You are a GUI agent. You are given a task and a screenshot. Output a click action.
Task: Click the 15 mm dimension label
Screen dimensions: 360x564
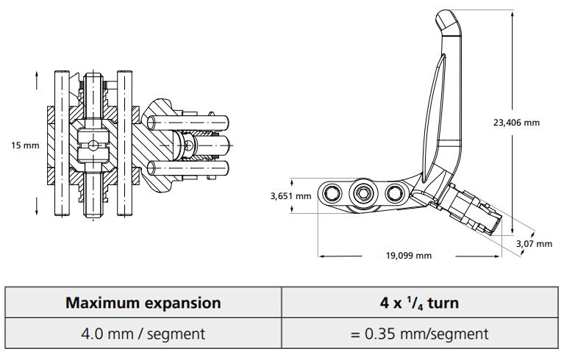(25, 145)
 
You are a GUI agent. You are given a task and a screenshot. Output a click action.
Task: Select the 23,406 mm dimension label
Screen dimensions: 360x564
(516, 123)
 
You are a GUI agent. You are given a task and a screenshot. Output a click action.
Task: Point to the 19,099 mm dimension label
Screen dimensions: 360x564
(408, 256)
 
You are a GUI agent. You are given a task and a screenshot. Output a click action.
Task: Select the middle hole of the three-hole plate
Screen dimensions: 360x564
(362, 193)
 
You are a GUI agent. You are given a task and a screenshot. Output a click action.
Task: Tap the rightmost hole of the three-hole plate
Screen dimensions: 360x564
(396, 193)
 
